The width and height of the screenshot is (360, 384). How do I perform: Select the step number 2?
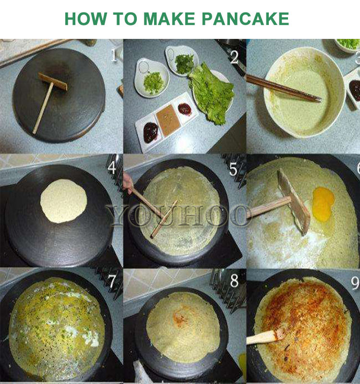tap(234, 57)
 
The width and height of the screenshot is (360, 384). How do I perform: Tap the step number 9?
tap(355, 283)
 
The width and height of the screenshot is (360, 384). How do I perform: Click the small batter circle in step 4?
tap(63, 201)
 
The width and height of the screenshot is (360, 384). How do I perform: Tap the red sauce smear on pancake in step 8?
tap(181, 319)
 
